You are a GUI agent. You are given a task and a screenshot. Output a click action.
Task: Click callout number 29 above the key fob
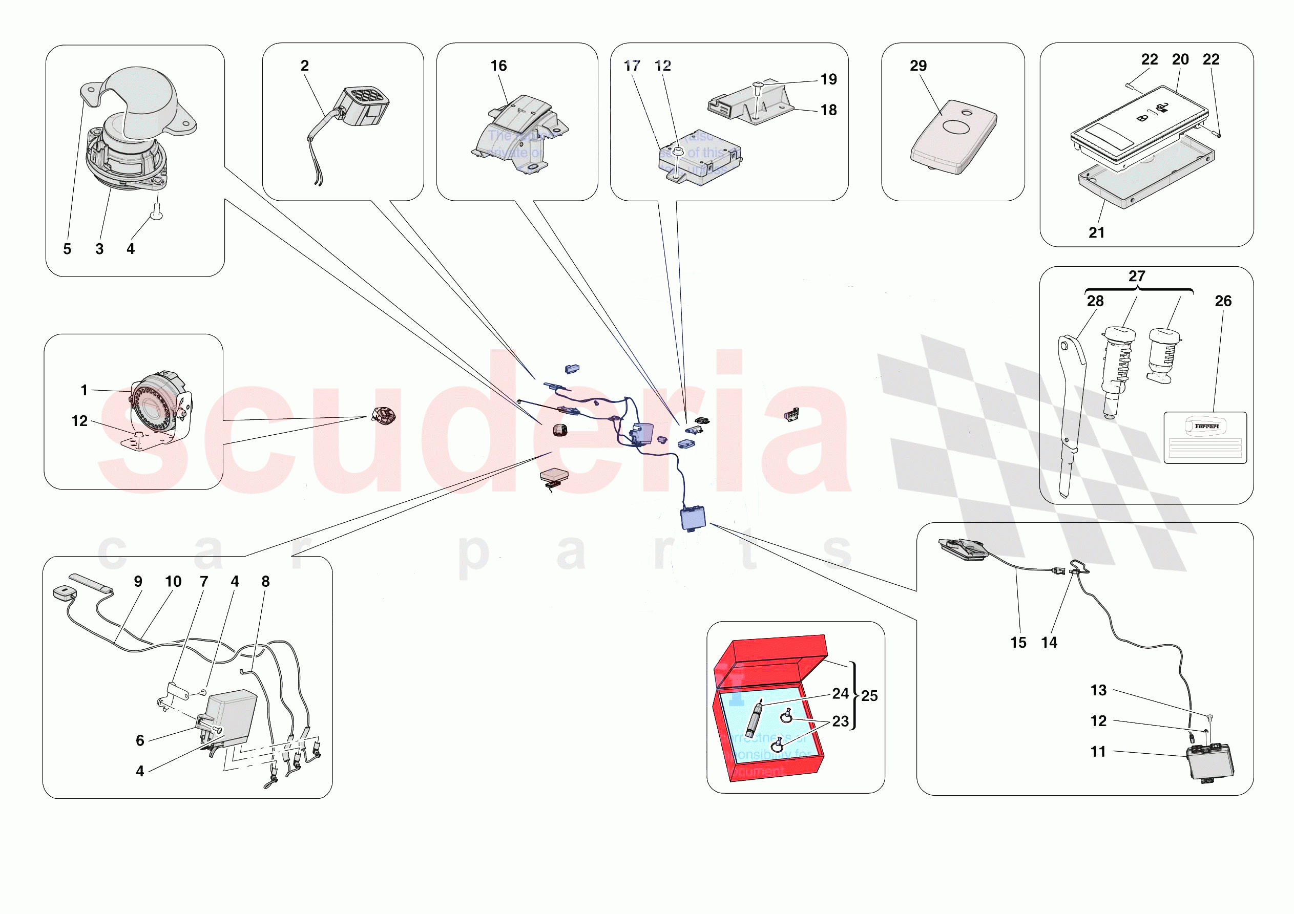918,66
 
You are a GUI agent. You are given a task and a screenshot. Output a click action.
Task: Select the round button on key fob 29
956,127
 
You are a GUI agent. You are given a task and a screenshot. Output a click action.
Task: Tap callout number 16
498,66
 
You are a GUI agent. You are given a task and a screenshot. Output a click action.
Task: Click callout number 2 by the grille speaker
304,66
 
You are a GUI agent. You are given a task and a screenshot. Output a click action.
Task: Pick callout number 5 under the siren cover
67,249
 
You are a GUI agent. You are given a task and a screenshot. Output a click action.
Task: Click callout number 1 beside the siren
84,390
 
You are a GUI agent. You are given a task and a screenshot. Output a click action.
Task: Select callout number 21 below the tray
1096,233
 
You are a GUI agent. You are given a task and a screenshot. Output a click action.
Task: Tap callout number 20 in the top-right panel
1180,59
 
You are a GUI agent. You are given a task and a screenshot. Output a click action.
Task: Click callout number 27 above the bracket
1137,276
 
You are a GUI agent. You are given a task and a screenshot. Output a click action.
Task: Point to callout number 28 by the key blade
1095,301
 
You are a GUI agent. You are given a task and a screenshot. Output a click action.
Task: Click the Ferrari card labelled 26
1205,438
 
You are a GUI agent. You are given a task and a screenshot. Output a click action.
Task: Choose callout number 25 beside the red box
869,696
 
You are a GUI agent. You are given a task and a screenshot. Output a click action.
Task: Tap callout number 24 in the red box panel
840,694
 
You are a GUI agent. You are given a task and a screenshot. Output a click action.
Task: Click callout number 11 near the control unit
1098,752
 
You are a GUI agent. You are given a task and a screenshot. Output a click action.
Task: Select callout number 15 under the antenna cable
1018,643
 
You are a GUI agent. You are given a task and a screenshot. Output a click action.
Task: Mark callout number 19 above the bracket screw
828,79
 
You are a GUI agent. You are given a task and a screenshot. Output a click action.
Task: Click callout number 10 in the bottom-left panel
173,582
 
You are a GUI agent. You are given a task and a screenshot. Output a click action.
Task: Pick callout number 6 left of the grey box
140,740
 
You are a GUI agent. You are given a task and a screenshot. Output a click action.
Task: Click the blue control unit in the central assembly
693,518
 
